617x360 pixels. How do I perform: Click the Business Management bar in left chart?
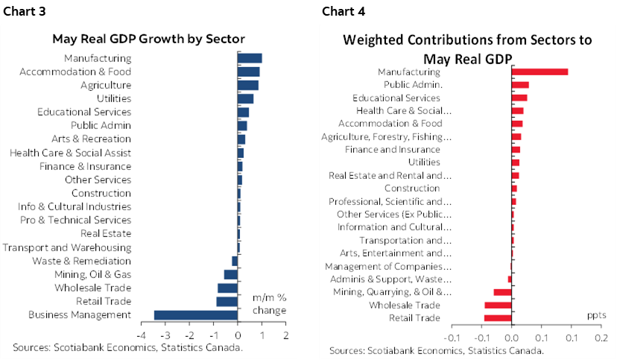[x=196, y=315]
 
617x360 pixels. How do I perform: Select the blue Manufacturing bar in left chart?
[x=250, y=58]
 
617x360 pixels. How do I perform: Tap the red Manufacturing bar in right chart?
[x=540, y=72]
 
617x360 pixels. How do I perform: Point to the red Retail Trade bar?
[x=498, y=318]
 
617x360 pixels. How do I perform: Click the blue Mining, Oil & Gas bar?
[x=231, y=274]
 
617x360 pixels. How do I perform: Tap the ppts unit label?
[x=596, y=316]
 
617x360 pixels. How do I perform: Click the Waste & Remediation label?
[x=81, y=261]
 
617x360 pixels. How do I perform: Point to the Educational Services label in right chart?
[x=396, y=98]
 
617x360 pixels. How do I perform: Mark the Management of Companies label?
[x=388, y=267]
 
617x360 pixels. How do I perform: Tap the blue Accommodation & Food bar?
[x=249, y=72]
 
